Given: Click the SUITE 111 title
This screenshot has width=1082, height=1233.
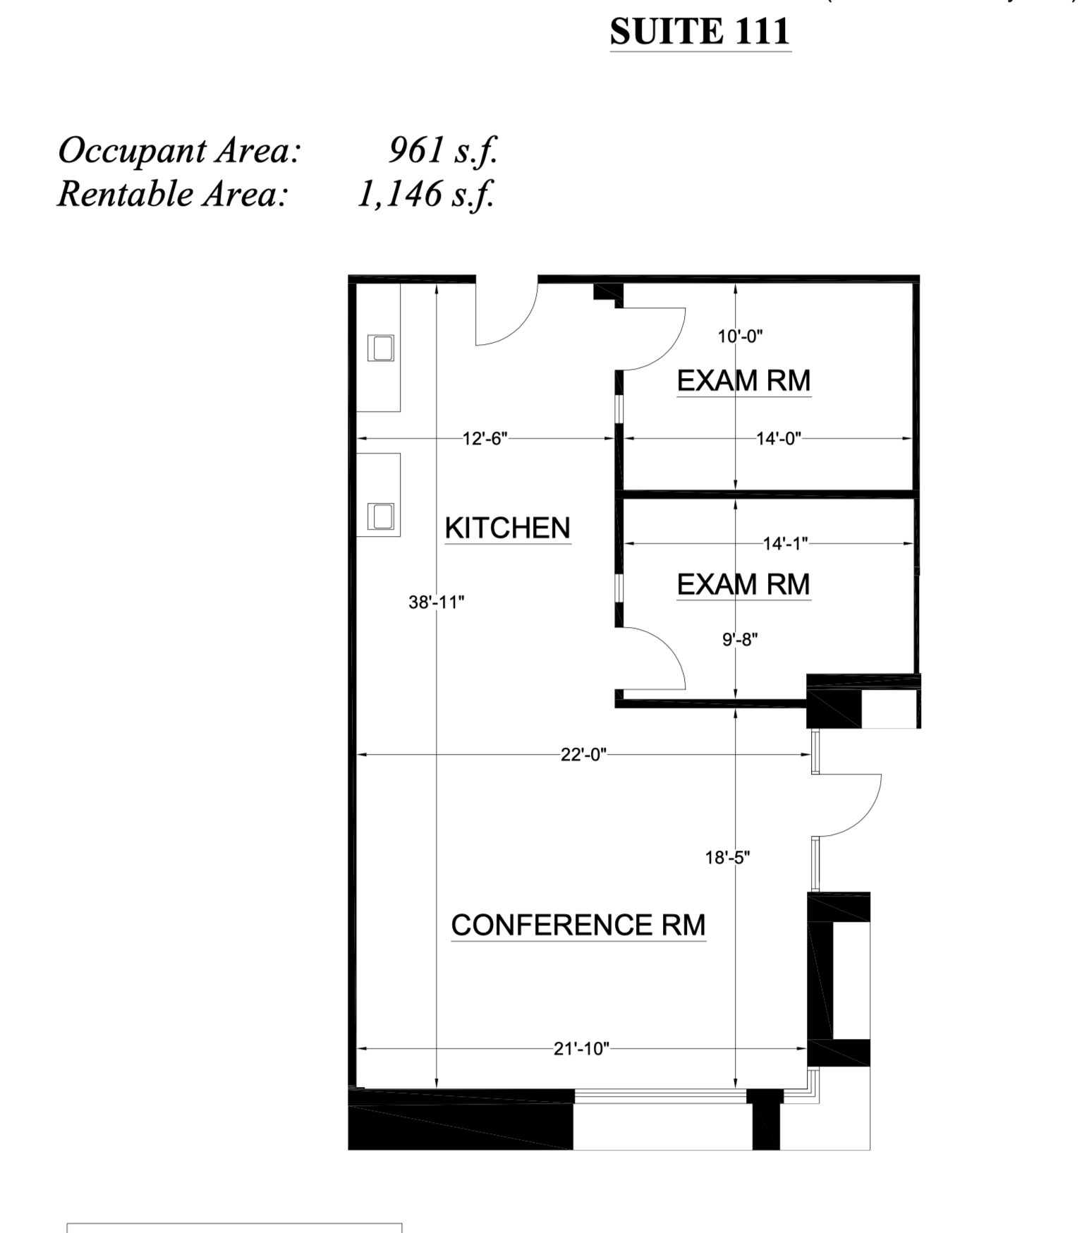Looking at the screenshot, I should (x=699, y=32).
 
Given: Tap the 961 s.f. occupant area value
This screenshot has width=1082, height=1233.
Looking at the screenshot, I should (x=443, y=150).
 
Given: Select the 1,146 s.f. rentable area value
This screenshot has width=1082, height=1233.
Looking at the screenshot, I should (x=425, y=193).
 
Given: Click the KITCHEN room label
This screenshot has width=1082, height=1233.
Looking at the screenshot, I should (x=507, y=528).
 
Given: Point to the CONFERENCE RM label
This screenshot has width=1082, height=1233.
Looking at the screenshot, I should (x=578, y=925).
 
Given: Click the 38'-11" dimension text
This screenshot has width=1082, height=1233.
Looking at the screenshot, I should (x=436, y=602).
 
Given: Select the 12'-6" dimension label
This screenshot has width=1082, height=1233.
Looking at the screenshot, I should (x=485, y=439).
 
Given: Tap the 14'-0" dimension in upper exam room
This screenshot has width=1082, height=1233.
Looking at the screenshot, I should (x=779, y=439).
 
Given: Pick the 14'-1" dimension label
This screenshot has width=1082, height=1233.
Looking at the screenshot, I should (x=784, y=543).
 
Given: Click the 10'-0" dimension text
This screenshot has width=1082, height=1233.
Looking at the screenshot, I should (x=740, y=336).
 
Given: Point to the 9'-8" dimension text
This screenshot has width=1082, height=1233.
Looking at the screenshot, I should (x=739, y=640).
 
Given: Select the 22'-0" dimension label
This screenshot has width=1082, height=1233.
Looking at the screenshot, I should (x=583, y=755).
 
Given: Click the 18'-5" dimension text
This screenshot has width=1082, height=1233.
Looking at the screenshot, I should (x=727, y=858).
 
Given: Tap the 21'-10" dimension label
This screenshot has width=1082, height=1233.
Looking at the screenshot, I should (x=580, y=1049).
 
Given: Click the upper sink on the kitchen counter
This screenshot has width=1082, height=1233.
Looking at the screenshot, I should (x=381, y=348).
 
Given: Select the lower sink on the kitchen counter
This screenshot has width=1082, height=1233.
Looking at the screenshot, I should (x=381, y=516).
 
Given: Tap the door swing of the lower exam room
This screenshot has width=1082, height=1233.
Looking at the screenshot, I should (x=652, y=656).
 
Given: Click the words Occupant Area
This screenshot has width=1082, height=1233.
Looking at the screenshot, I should (x=179, y=150).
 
